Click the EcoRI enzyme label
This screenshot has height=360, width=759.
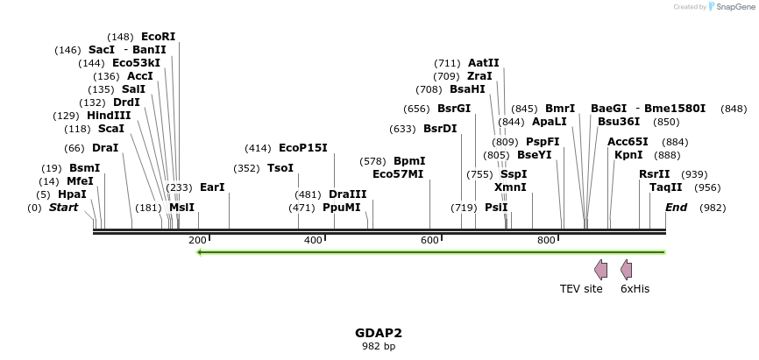coord(158,37)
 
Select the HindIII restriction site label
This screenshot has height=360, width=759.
coord(109,116)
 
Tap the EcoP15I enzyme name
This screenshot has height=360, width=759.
coord(302,148)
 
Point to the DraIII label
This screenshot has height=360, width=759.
coord(348,194)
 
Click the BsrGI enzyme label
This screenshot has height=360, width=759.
coord(454,109)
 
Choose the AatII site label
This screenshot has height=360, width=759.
coord(484,63)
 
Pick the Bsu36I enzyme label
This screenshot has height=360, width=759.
coord(619,122)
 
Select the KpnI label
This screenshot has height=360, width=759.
coord(628,155)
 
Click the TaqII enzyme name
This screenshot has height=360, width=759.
coord(666,187)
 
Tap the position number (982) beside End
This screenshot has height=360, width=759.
coord(713,208)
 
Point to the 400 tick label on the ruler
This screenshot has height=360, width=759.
coord(313,240)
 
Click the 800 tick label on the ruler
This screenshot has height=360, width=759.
coord(546,240)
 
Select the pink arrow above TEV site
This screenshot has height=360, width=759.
coord(600,269)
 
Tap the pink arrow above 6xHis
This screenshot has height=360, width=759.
coord(626,269)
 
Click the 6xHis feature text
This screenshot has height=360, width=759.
coord(635,288)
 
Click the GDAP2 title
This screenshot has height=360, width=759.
coord(379,333)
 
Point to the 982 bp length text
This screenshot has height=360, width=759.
coord(379,346)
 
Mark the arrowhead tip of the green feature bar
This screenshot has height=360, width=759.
coord(199,252)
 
